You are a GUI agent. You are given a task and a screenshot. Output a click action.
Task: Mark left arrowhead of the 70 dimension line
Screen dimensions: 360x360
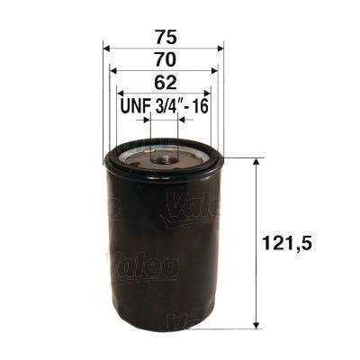pos(112,70)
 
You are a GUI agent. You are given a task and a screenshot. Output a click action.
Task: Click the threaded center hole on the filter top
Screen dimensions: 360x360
pos(164,159)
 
